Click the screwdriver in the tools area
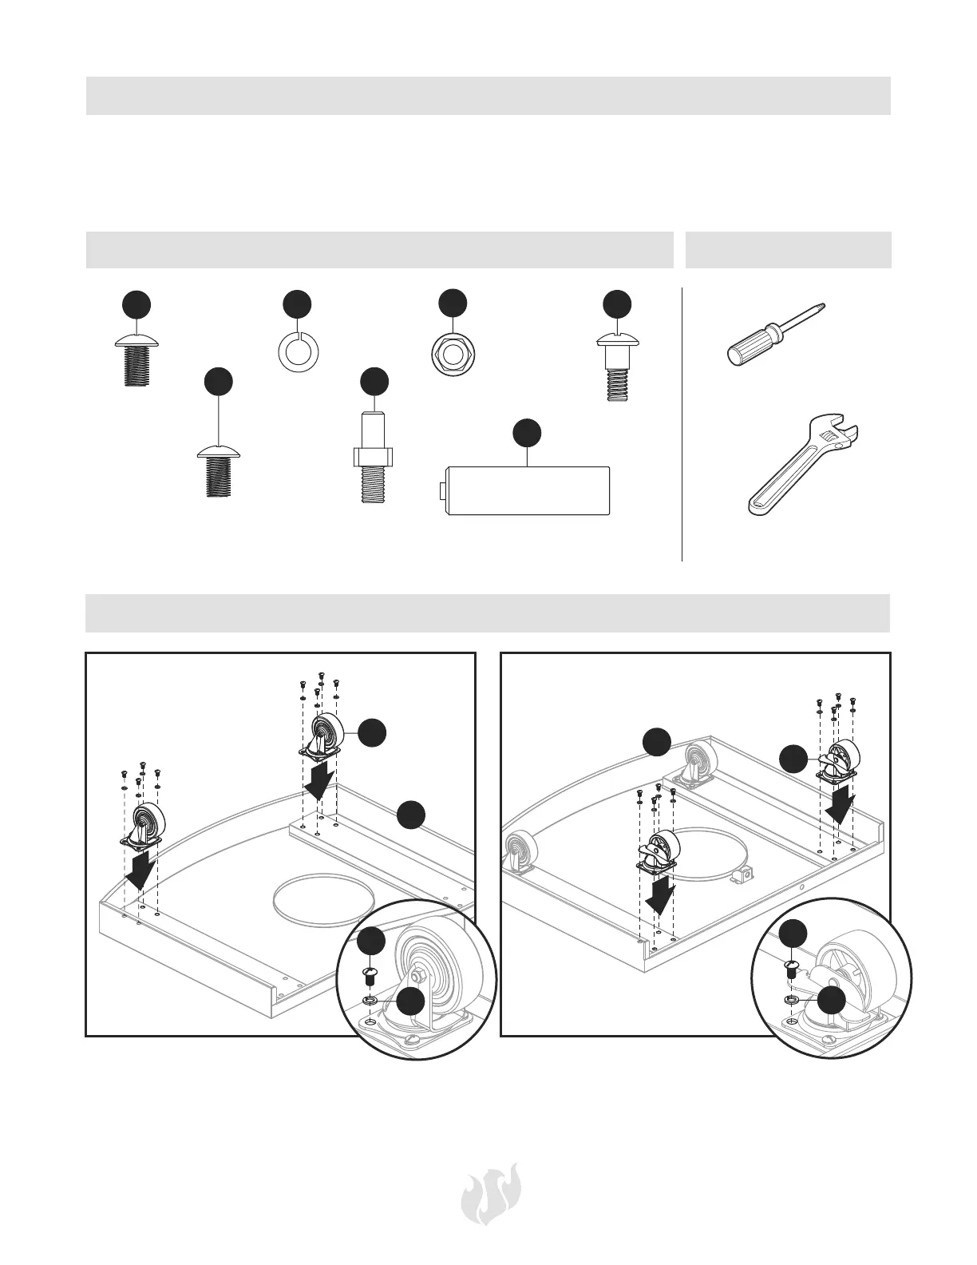click(774, 335)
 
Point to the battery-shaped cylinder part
click(526, 490)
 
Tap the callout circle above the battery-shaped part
click(526, 432)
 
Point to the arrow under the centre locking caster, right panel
click(659, 894)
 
